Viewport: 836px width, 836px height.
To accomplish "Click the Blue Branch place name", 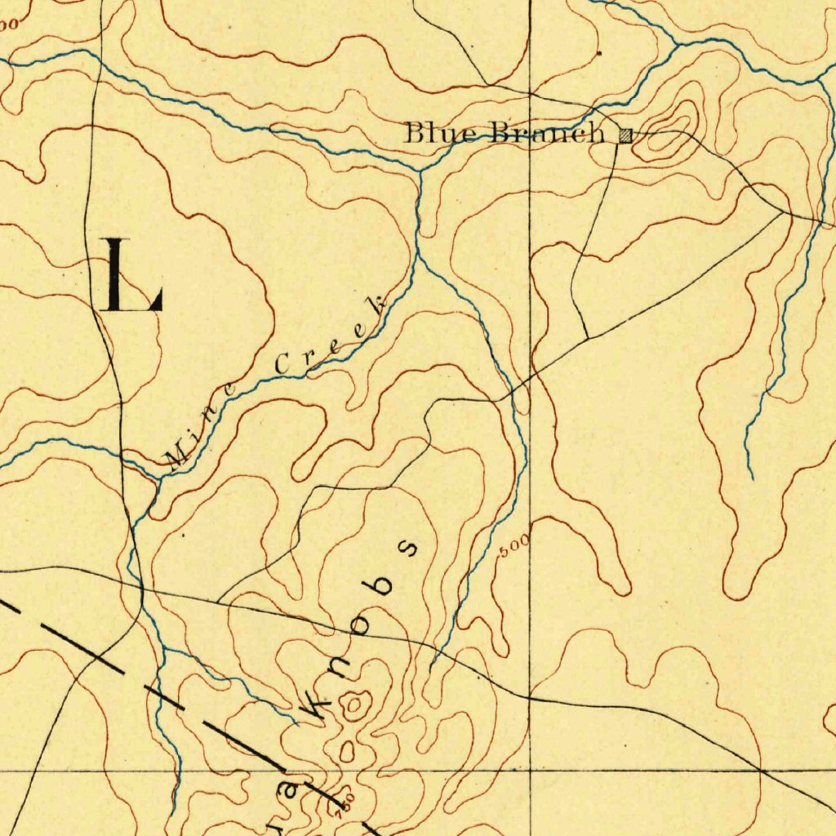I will point(505,132).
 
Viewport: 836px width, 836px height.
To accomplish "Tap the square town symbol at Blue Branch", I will point(625,136).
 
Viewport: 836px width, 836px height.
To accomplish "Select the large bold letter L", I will point(131,275).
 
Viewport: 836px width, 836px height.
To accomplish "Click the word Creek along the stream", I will point(331,339).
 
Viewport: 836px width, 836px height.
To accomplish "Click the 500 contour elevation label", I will point(515,545).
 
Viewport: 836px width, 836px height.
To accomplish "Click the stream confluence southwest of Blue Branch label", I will point(419,170).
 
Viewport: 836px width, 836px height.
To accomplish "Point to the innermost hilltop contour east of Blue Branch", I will point(683,119).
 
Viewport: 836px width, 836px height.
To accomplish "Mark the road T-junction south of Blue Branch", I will point(589,338).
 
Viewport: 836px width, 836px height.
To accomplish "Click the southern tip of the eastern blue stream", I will point(751,478).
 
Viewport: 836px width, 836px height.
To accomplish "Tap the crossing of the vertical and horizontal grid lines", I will point(530,769).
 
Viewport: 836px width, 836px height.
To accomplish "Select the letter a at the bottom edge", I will point(287,791).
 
